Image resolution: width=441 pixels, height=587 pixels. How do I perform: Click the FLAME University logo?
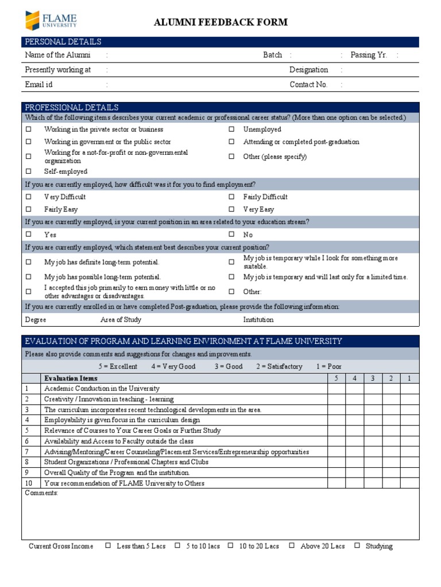coord(51,21)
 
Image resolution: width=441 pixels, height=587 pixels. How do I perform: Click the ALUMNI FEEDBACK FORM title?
coord(220,22)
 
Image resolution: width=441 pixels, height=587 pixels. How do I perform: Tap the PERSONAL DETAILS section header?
coord(63,42)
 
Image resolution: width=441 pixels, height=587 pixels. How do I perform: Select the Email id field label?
coord(38,84)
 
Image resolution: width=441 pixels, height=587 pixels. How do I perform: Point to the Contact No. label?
coord(308,84)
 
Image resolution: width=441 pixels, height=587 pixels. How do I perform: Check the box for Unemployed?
coord(231,130)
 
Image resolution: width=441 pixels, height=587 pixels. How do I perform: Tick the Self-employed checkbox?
coord(28,171)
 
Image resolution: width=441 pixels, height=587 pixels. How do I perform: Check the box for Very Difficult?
coord(28,197)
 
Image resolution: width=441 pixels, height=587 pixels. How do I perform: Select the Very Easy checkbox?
coord(231,209)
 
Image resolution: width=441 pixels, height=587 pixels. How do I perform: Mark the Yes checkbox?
coord(28,234)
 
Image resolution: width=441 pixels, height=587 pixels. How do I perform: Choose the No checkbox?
coord(231,234)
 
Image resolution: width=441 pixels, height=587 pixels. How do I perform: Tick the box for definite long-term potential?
coord(28,262)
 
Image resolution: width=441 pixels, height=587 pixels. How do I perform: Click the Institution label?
coord(258,320)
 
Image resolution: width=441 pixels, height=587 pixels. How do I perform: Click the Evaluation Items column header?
coord(71,378)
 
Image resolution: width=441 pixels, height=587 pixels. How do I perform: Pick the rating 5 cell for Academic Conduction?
coord(336,389)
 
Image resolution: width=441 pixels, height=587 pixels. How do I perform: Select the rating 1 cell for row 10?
coord(409,483)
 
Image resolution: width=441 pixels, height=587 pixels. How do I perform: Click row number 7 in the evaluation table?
coord(26,452)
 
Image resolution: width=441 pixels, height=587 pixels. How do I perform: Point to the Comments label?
coord(41,493)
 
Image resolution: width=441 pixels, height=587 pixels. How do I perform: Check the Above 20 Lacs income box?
coord(292,546)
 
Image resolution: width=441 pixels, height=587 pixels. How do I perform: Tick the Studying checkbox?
coord(357,546)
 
